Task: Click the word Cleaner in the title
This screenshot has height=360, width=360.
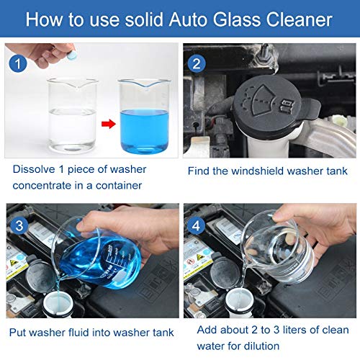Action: pos(299,19)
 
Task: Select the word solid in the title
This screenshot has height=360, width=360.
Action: pos(150,19)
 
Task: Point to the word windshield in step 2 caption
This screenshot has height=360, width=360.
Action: pos(266,171)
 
